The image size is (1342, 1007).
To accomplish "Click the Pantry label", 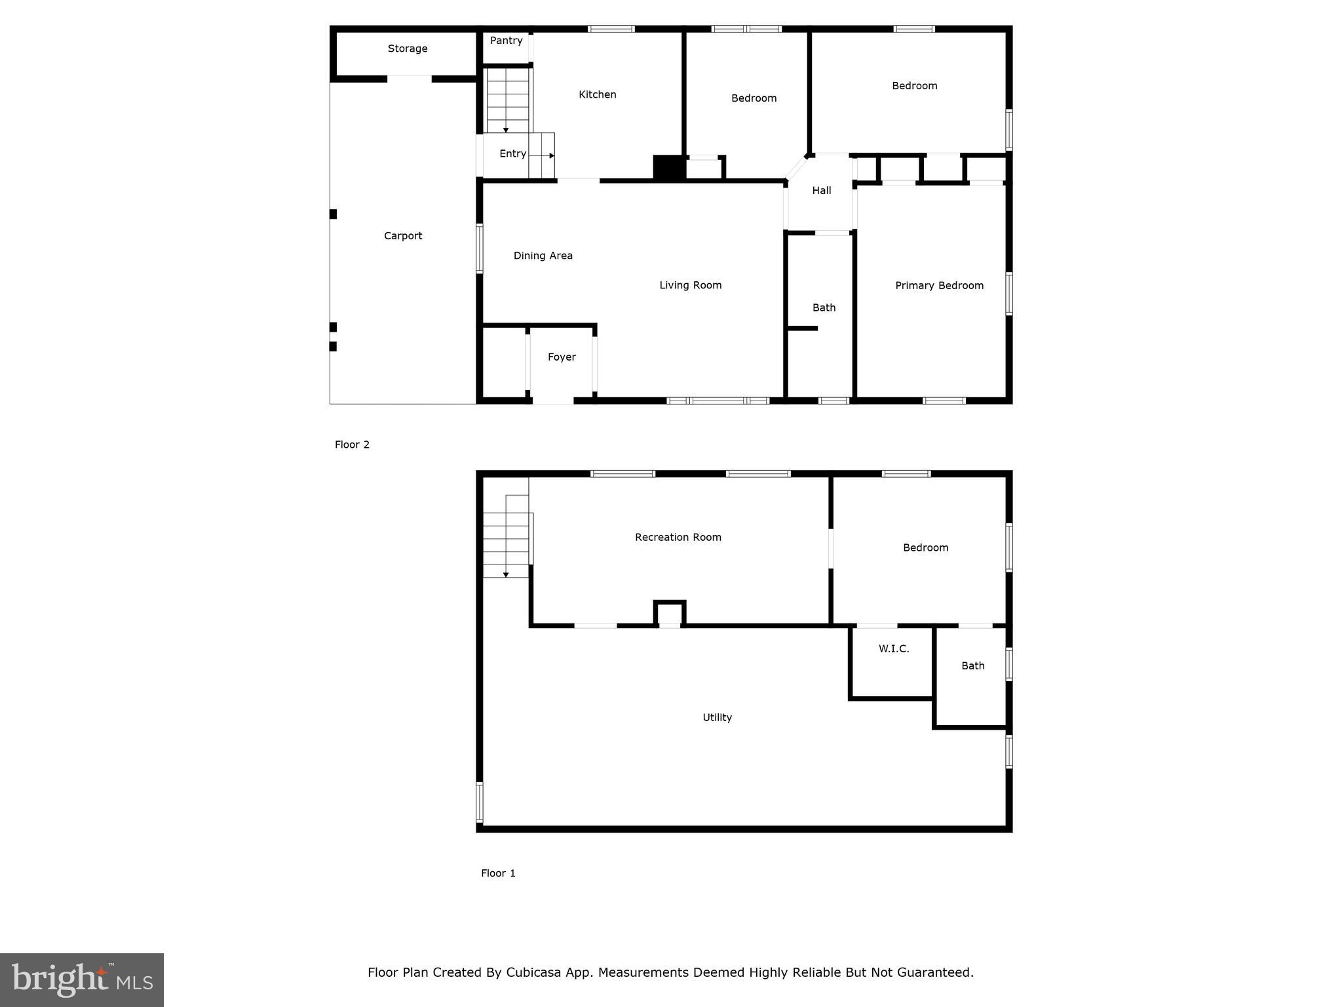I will pos(506,41).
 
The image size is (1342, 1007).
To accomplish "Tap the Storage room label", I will pos(407,49).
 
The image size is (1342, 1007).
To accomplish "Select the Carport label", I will pos(402,236).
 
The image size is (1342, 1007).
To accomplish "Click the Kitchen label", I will pos(597,94).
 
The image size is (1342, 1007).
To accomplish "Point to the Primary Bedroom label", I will pos(938,285).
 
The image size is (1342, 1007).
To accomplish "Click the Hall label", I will pos(821,191).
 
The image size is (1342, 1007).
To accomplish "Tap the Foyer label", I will pos(562,357).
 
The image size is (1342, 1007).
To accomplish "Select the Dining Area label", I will pos(543,256).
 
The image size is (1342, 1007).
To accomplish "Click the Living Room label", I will pos(690,285).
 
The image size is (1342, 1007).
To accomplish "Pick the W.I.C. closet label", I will pos(893,649).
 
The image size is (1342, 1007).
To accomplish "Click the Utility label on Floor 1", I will pos(717,717).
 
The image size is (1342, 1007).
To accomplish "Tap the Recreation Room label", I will pos(678,538).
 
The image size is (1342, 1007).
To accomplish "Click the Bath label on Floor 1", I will pos(972,666).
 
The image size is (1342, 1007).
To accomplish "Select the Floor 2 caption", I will pos(352,444).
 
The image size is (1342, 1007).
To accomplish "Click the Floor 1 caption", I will pos(498,873).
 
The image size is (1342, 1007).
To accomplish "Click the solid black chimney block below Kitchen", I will pos(669,167).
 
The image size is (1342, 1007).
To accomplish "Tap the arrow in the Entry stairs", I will pos(551,156).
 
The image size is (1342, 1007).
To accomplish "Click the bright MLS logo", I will pos(82,979).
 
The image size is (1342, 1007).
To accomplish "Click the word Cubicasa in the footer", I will pos(533,972).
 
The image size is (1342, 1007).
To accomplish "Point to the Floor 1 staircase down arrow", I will pos(506,575).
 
